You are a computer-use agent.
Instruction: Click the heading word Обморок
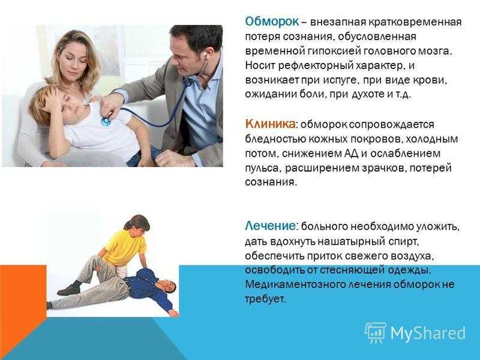click(x=272, y=22)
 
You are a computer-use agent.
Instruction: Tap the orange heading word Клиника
click(x=271, y=124)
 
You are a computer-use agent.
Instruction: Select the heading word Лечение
click(x=271, y=226)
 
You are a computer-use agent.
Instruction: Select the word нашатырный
click(x=351, y=242)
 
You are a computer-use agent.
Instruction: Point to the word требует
click(x=265, y=299)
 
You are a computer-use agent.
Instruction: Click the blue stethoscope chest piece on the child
click(x=106, y=122)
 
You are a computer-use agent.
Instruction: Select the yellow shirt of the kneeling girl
click(x=125, y=247)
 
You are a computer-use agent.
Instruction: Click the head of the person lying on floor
click(x=169, y=287)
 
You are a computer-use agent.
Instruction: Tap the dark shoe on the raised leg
click(x=69, y=289)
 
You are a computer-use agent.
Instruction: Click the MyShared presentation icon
click(x=376, y=332)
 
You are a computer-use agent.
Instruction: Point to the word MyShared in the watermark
click(x=428, y=333)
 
